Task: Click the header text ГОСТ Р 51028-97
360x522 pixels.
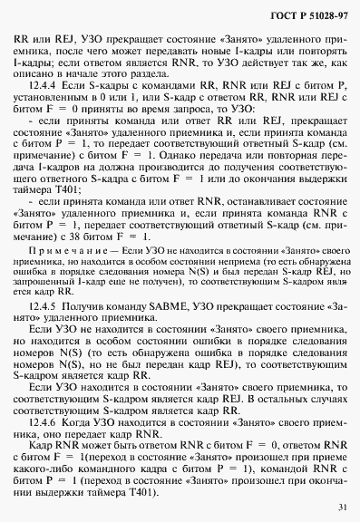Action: click(302, 18)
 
